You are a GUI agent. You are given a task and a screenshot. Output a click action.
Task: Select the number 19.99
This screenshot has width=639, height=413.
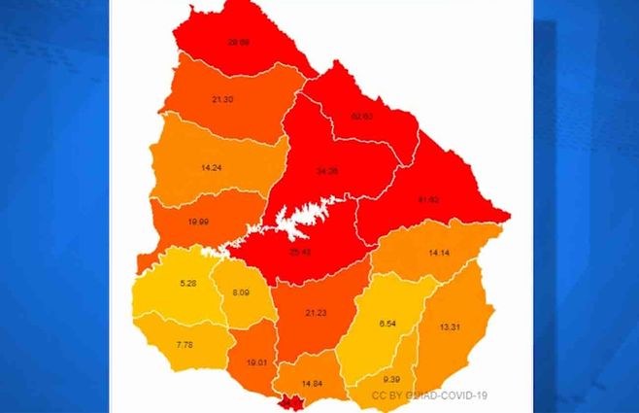[x=197, y=222]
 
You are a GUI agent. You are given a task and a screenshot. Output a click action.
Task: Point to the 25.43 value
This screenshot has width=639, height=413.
[x=300, y=252]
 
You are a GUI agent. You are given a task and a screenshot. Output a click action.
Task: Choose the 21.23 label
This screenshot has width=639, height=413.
[x=316, y=312]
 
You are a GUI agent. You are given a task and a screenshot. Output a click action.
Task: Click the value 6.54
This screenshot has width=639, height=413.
[x=388, y=323]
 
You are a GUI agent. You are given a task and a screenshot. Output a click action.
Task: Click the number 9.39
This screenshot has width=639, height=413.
[x=390, y=379]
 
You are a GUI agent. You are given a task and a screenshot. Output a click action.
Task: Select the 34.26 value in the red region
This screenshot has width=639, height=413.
[x=326, y=171]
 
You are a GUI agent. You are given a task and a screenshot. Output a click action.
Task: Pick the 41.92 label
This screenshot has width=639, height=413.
[x=427, y=199]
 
